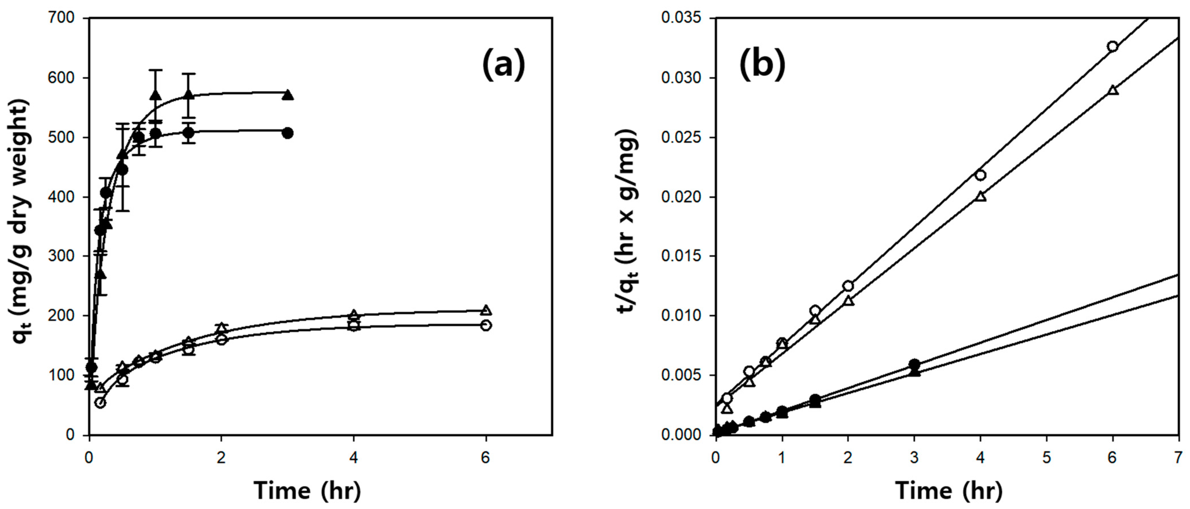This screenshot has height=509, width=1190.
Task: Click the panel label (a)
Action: pos(503,64)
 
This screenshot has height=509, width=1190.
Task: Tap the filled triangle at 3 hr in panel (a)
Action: pos(288,95)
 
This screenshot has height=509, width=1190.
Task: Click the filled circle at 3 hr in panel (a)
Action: pos(288,133)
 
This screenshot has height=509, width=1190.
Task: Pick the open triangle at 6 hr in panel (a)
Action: pos(486,310)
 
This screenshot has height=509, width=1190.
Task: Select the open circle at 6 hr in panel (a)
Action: pos(486,326)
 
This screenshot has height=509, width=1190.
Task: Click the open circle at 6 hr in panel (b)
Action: pos(1112,46)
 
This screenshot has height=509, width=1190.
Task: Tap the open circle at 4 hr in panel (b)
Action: pos(980,175)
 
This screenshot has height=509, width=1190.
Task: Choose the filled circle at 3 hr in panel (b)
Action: pos(914,364)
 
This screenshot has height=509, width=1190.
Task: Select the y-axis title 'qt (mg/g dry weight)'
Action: pos(21,226)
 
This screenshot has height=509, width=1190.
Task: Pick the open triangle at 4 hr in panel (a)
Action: pos(354,315)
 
